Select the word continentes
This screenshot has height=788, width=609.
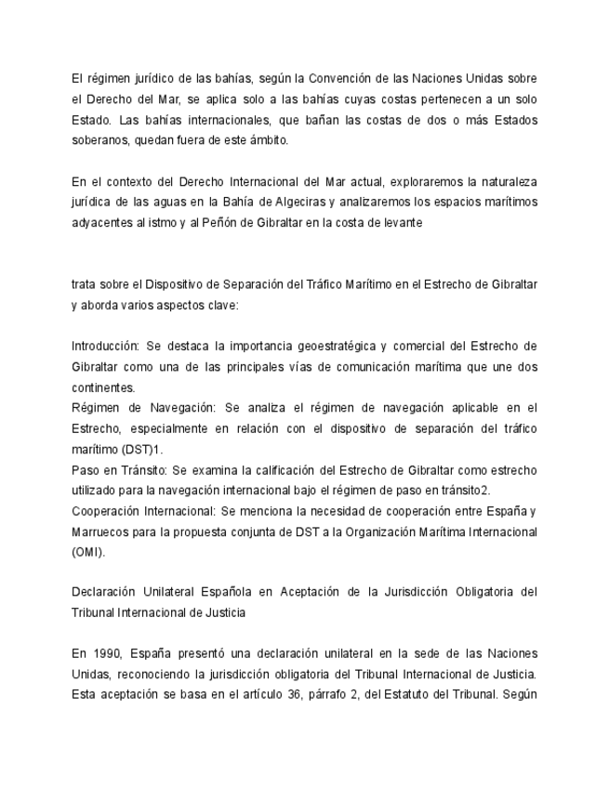point(103,387)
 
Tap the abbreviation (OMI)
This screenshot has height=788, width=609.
point(88,551)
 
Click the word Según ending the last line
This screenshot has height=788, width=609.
point(517,694)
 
